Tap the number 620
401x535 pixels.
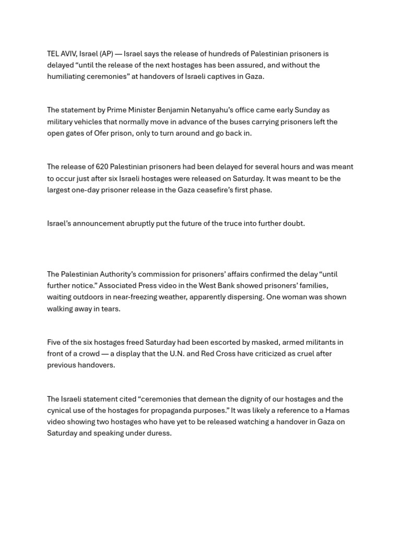point(102,167)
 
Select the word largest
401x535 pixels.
point(60,190)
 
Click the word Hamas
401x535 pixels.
point(337,411)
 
